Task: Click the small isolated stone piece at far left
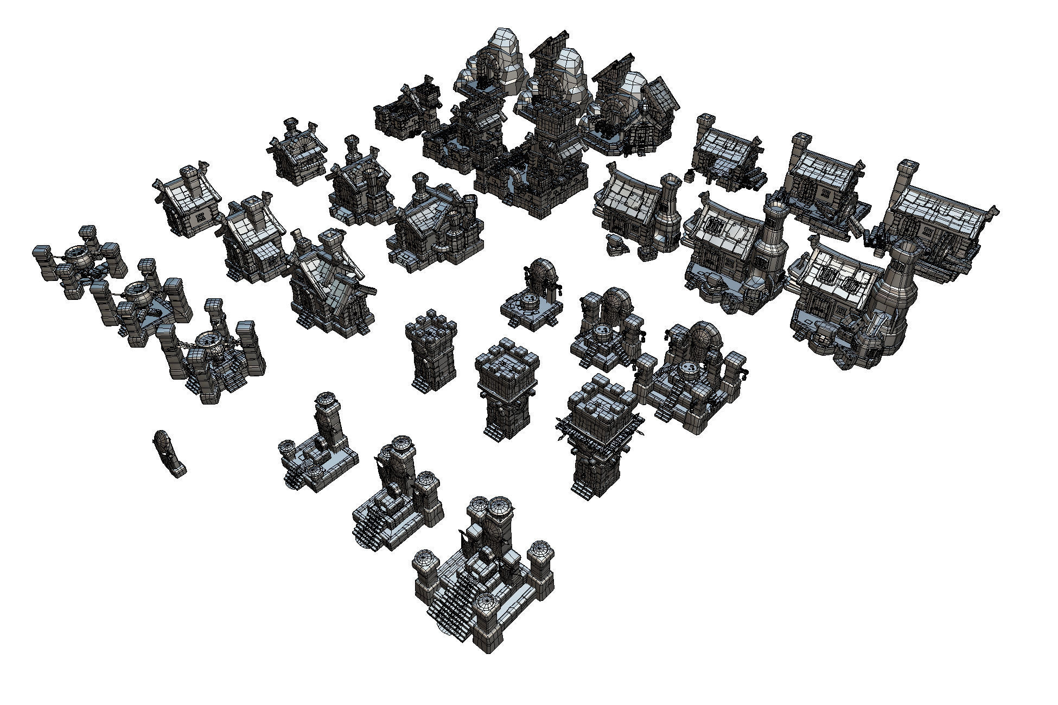[x=168, y=454]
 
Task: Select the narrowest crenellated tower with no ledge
[x=431, y=350]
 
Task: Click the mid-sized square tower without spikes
[x=507, y=388]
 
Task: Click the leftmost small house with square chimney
[x=187, y=201]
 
